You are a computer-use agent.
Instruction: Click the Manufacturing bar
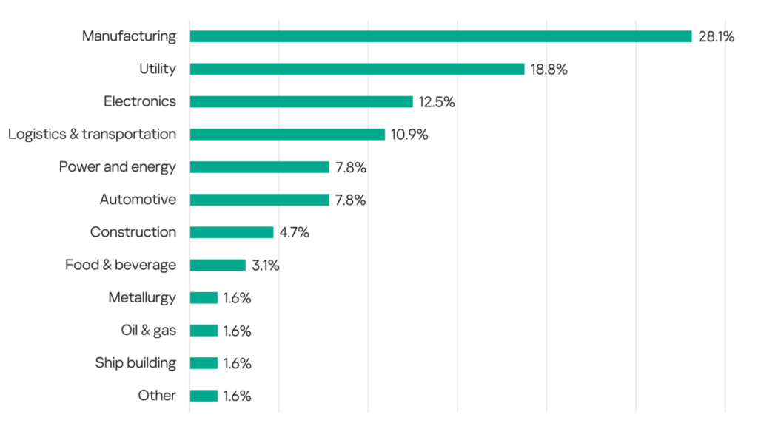pos(440,36)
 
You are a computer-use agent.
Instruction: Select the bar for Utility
pos(357,69)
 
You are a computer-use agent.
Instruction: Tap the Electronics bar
pos(301,101)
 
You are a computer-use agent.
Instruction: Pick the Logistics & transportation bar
pos(287,135)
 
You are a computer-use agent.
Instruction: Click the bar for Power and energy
pos(259,167)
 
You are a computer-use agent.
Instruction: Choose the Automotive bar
pos(259,200)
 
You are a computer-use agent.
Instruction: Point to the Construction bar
pos(232,232)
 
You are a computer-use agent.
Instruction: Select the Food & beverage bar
pos(218,265)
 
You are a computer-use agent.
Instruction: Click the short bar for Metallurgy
pos(204,297)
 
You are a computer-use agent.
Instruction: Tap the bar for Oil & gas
pos(204,331)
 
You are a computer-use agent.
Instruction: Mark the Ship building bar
pos(204,363)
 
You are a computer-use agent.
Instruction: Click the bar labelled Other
pos(204,396)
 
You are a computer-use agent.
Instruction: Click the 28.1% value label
pos(716,37)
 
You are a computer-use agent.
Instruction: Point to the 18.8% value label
pos(549,70)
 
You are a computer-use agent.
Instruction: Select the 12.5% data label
pos(437,102)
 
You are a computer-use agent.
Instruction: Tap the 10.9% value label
pos(409,135)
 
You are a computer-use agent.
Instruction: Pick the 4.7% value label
pos(294,233)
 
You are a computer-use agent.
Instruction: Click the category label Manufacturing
pos(130,35)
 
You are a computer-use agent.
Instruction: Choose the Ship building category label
pos(135,362)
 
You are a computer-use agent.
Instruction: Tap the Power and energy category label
pos(118,166)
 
